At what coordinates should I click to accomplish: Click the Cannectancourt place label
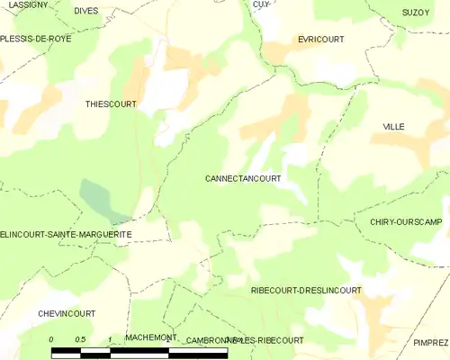click(x=243, y=179)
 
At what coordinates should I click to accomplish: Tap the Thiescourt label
click(x=111, y=104)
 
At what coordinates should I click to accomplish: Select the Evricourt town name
click(x=321, y=40)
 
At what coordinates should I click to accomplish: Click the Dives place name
click(x=86, y=11)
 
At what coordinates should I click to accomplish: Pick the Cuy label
click(x=261, y=4)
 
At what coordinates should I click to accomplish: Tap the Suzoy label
click(x=417, y=13)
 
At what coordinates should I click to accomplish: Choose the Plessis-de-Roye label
click(x=35, y=39)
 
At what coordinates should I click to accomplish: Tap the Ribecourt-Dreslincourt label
click(x=306, y=291)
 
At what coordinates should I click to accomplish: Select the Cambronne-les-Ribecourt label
click(x=244, y=341)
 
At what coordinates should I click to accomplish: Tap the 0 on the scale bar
click(x=51, y=339)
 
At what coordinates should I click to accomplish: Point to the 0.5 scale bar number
click(x=80, y=339)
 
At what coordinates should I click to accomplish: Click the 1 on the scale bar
click(x=109, y=339)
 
